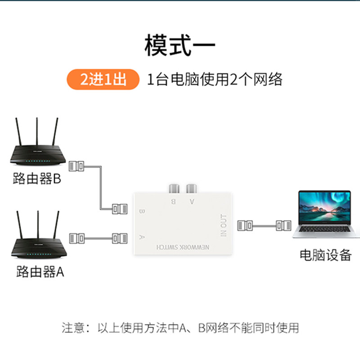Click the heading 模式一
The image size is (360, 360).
[180, 46]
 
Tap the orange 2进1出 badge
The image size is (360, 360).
[103, 80]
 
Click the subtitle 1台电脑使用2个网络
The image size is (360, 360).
[215, 80]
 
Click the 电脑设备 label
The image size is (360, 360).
[325, 255]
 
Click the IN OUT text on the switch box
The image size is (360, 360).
[224, 225]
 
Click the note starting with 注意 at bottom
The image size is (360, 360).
[180, 327]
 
